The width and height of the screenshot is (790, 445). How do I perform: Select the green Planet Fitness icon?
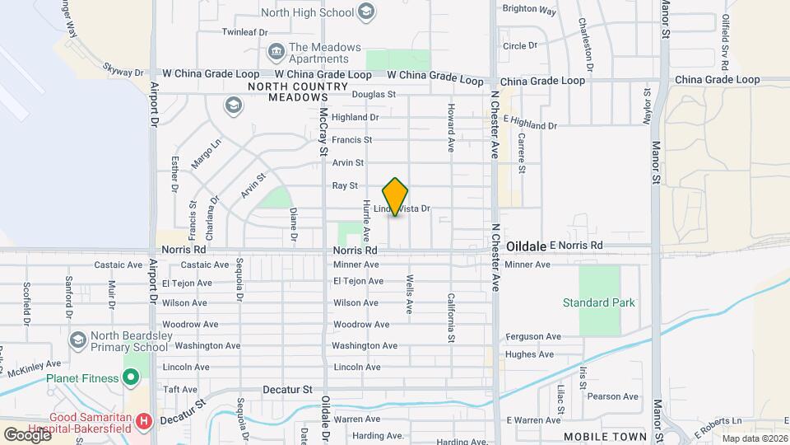pyautogui.click(x=130, y=378)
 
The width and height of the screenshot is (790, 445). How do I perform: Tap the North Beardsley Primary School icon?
pyautogui.click(x=78, y=340)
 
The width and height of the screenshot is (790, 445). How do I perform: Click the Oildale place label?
pyautogui.click(x=527, y=246)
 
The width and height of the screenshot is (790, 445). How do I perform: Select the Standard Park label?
pyautogui.click(x=599, y=302)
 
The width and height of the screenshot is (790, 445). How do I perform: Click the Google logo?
pyautogui.click(x=26, y=434)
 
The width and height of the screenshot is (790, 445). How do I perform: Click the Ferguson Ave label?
pyautogui.click(x=532, y=336)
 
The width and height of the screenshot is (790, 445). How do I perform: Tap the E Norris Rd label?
pyautogui.click(x=576, y=246)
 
